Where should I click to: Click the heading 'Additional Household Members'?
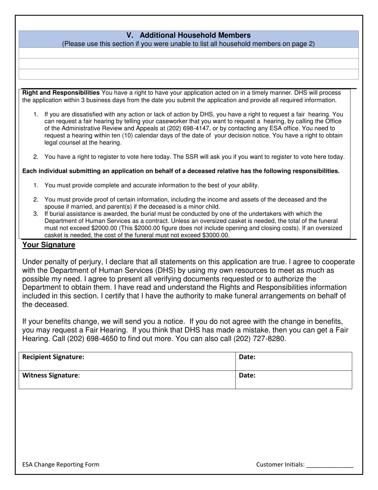195,35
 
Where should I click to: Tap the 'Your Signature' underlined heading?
49,245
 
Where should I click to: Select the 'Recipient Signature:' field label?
53,357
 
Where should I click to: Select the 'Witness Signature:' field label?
51,375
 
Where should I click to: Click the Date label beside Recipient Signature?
247,357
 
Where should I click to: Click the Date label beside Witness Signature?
247,375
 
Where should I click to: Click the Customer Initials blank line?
330,465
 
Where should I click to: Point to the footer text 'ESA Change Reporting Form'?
61,465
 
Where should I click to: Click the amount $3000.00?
216,235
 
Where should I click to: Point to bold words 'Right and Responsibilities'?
61,92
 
